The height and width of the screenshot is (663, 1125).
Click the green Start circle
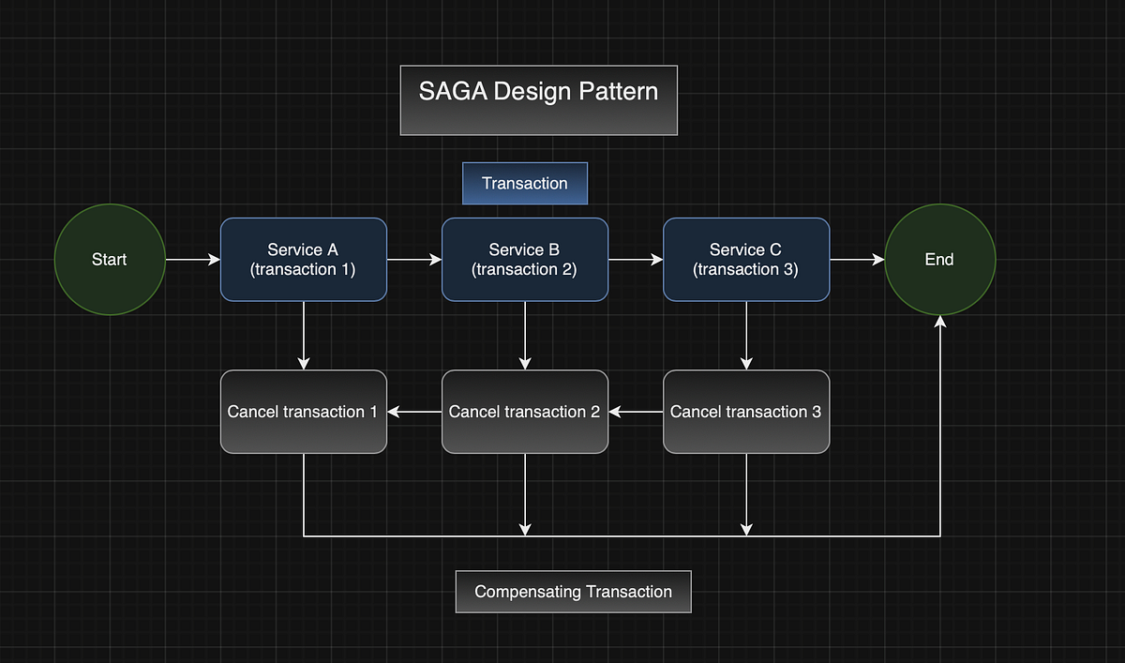[x=110, y=260]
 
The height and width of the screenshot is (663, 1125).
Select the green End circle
[x=939, y=260]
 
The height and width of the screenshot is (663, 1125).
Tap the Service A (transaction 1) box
[x=303, y=260]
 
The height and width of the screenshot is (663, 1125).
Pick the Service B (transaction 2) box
[x=524, y=260]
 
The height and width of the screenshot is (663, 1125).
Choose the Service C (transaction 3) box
[x=745, y=260]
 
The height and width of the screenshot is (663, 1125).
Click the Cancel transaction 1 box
[x=303, y=412]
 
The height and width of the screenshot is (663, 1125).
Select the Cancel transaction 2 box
[x=524, y=412]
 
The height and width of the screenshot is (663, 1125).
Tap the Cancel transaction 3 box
[x=745, y=412]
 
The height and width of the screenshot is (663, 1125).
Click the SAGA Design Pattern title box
[x=538, y=100]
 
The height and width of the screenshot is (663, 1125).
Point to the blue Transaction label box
[x=524, y=184]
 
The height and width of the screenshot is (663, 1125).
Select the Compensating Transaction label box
[x=573, y=592]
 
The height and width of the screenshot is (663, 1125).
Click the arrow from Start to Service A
[x=192, y=260]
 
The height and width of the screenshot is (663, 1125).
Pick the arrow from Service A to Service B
[x=413, y=260]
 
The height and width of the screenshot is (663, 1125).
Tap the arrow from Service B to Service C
[x=635, y=260]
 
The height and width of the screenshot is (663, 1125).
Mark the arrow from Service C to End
[x=856, y=260]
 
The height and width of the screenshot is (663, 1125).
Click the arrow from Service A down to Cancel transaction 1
[x=303, y=335]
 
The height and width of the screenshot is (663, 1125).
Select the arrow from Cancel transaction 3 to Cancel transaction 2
[x=636, y=412]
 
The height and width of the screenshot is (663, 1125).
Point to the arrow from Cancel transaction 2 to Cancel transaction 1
[x=414, y=412]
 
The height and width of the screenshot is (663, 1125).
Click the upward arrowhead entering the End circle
[x=939, y=323]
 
